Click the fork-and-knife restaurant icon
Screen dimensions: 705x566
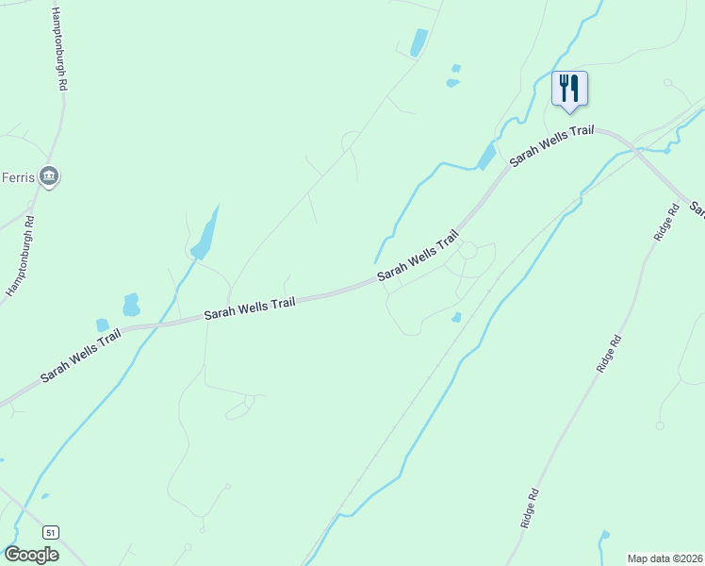coord(569,88)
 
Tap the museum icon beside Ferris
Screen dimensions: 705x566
coord(51,175)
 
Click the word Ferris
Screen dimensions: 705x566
coord(18,176)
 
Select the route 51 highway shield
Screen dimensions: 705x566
coord(51,531)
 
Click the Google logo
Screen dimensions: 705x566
coord(31,555)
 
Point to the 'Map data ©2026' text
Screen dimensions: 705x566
coord(664,558)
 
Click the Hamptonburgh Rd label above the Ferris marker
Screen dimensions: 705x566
coord(59,49)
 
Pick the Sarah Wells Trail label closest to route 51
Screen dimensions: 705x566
coord(80,355)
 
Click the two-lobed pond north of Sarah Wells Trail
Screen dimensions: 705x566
coord(131,305)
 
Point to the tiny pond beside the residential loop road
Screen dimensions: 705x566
coord(456,317)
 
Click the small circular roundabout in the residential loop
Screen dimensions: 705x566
coord(467,250)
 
